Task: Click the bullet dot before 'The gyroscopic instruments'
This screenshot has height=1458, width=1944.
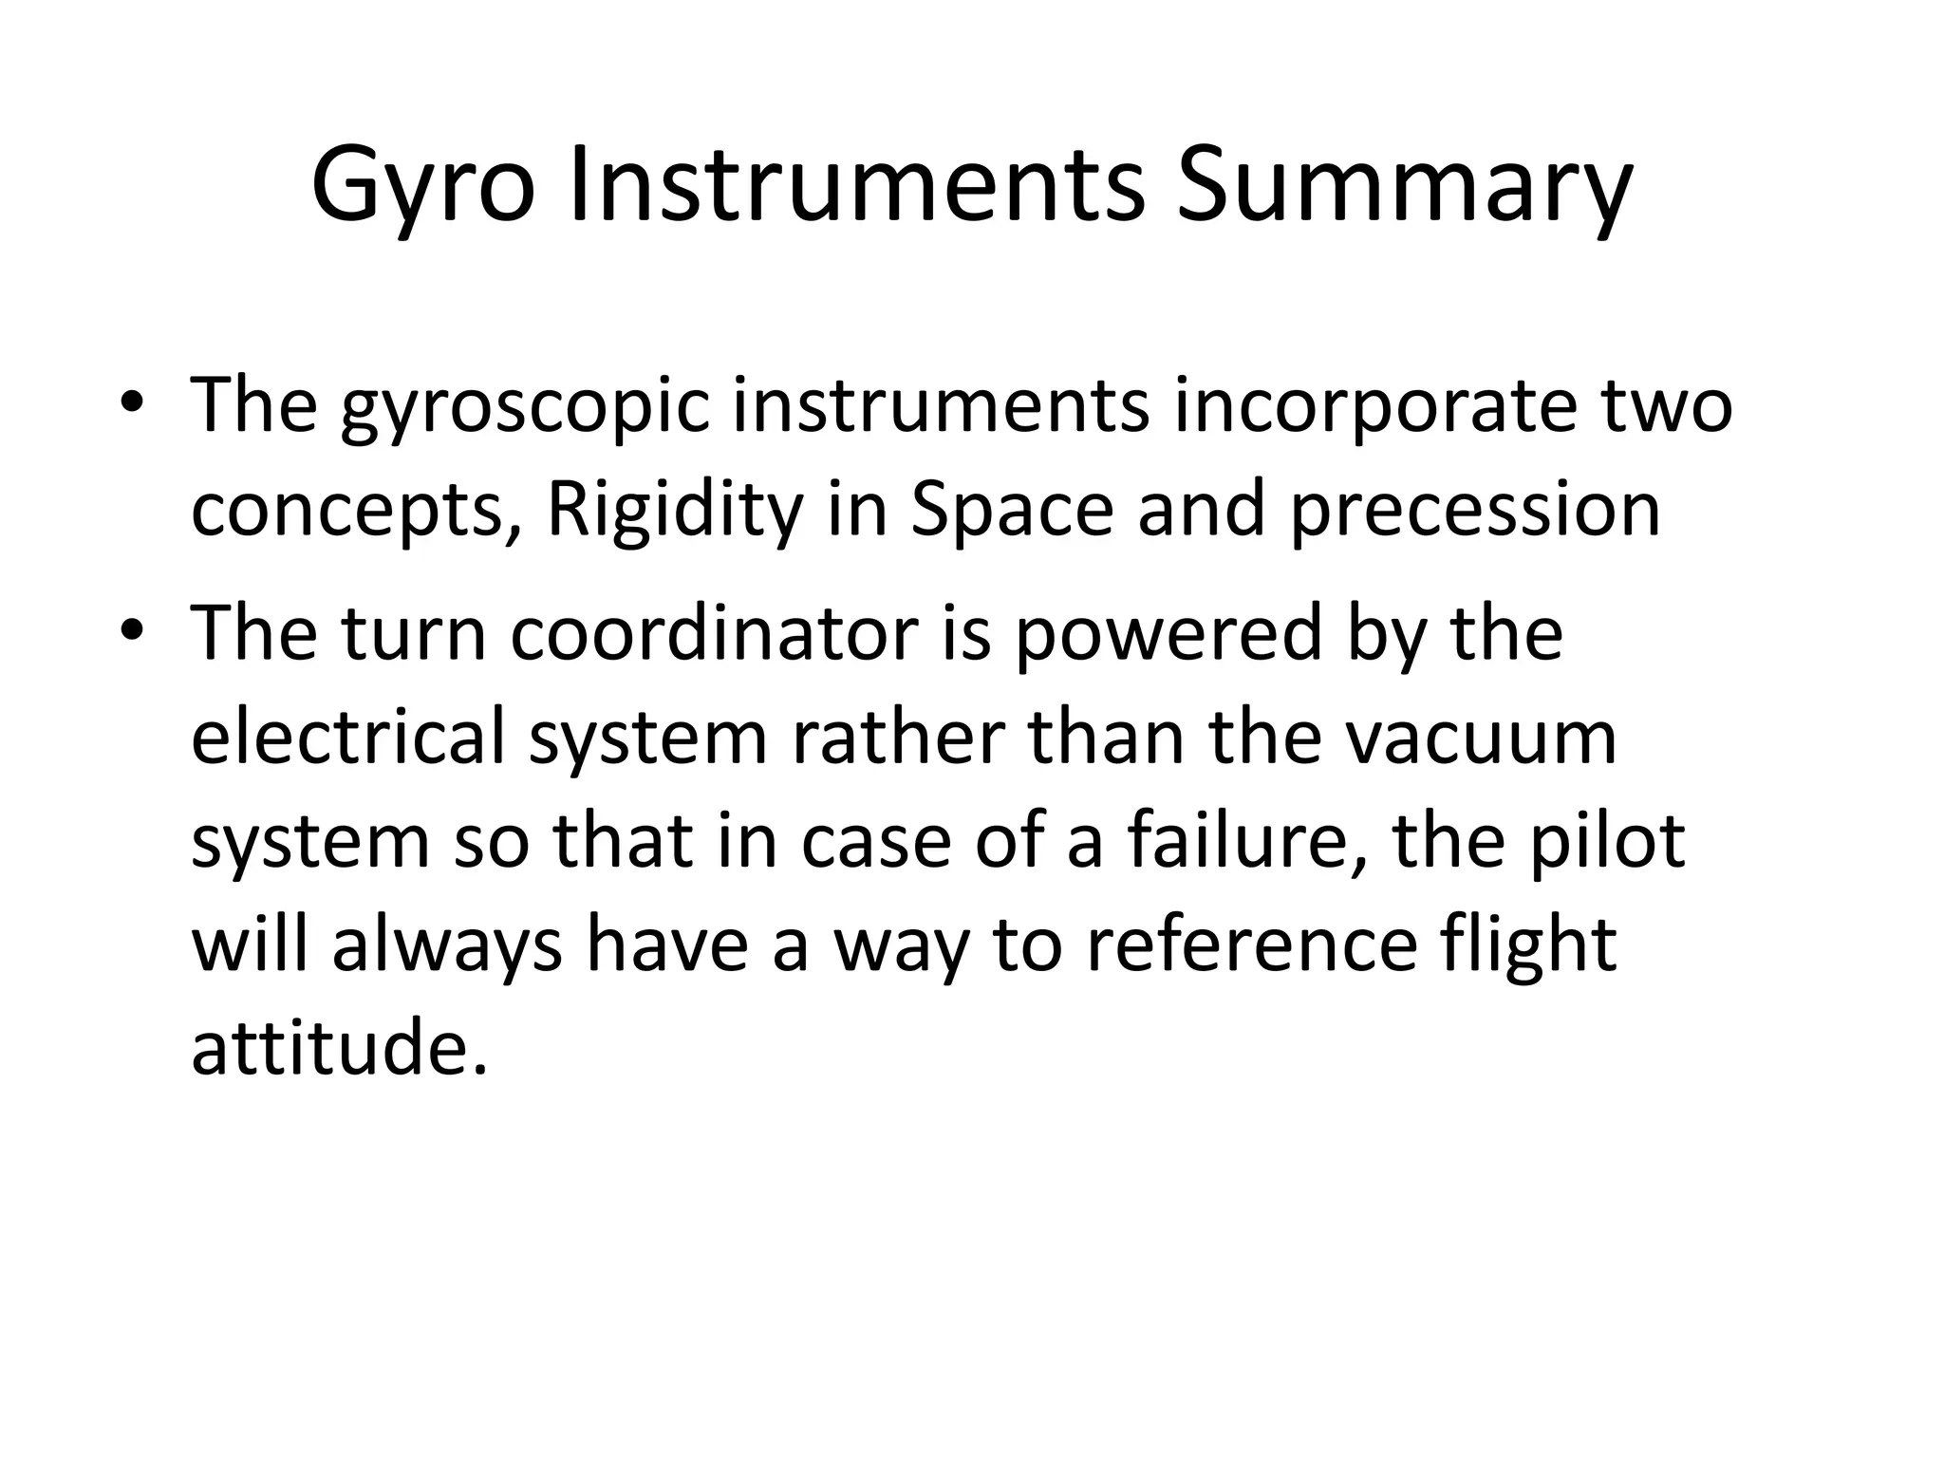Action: pos(132,403)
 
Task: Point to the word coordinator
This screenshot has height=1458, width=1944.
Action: pos(714,634)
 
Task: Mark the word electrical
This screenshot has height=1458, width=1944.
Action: pos(347,738)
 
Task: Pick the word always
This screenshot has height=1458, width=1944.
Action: pos(446,947)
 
